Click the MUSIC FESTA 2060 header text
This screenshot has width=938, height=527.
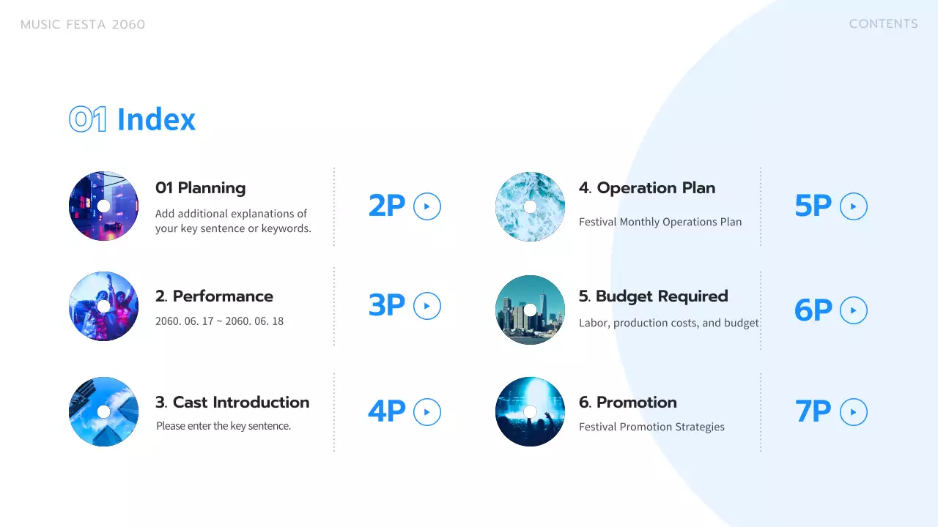(83, 25)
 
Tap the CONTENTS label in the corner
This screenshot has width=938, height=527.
(883, 24)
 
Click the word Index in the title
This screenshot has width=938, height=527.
(156, 119)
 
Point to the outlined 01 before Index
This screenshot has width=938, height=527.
(88, 119)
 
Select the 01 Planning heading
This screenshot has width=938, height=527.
(200, 188)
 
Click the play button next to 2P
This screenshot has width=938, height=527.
(427, 206)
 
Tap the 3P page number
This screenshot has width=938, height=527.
(386, 305)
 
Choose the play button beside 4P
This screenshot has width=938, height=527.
(427, 412)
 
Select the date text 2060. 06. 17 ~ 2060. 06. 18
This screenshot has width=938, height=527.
(219, 321)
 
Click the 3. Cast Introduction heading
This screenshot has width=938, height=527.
(232, 403)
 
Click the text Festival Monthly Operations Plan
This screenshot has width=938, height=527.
(660, 222)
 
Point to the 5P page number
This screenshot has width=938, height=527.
(813, 206)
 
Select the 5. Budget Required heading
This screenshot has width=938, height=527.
(653, 296)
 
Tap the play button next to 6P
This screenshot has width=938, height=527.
(854, 310)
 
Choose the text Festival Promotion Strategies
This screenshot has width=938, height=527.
(651, 427)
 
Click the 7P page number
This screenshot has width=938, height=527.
(813, 412)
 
